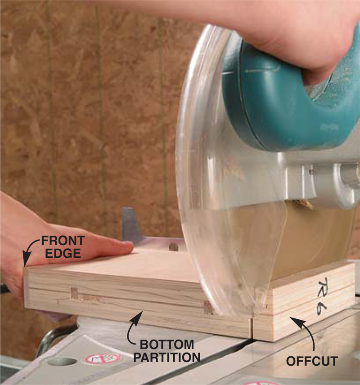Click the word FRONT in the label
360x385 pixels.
point(63,241)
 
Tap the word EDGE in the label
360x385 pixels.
point(63,253)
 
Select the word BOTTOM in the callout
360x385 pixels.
point(167,345)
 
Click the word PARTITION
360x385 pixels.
point(167,357)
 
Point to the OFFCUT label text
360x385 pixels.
point(311,361)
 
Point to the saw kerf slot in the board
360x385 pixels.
point(252,328)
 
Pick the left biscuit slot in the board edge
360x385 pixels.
point(74,293)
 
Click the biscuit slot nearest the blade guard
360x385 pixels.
point(209,308)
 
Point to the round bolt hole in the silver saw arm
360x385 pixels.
point(311,172)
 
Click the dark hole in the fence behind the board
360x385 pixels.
point(174,246)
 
